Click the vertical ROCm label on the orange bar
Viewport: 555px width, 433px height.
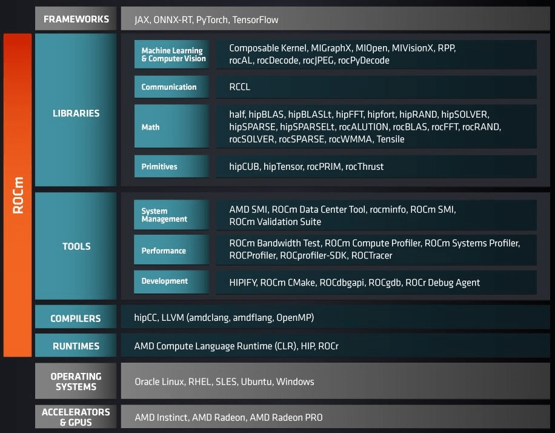[18, 195]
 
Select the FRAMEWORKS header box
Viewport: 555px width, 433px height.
[76, 18]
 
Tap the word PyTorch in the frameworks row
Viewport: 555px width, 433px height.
[211, 20]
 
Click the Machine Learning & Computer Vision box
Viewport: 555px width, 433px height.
[171, 54]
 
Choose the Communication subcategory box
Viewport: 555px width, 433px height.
[171, 87]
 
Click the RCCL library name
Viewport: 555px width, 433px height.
[239, 87]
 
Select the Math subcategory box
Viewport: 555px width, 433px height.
[171, 126]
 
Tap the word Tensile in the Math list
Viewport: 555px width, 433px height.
[390, 139]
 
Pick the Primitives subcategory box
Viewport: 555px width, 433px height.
[171, 166]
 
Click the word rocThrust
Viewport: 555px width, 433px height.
[364, 167]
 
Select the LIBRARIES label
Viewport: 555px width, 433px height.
[76, 113]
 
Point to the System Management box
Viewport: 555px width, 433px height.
[171, 215]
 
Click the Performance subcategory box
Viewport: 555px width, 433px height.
[171, 250]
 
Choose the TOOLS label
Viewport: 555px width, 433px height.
[76, 246]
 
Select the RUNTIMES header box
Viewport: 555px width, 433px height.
[76, 345]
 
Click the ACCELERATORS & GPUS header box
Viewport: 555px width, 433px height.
[76, 417]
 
